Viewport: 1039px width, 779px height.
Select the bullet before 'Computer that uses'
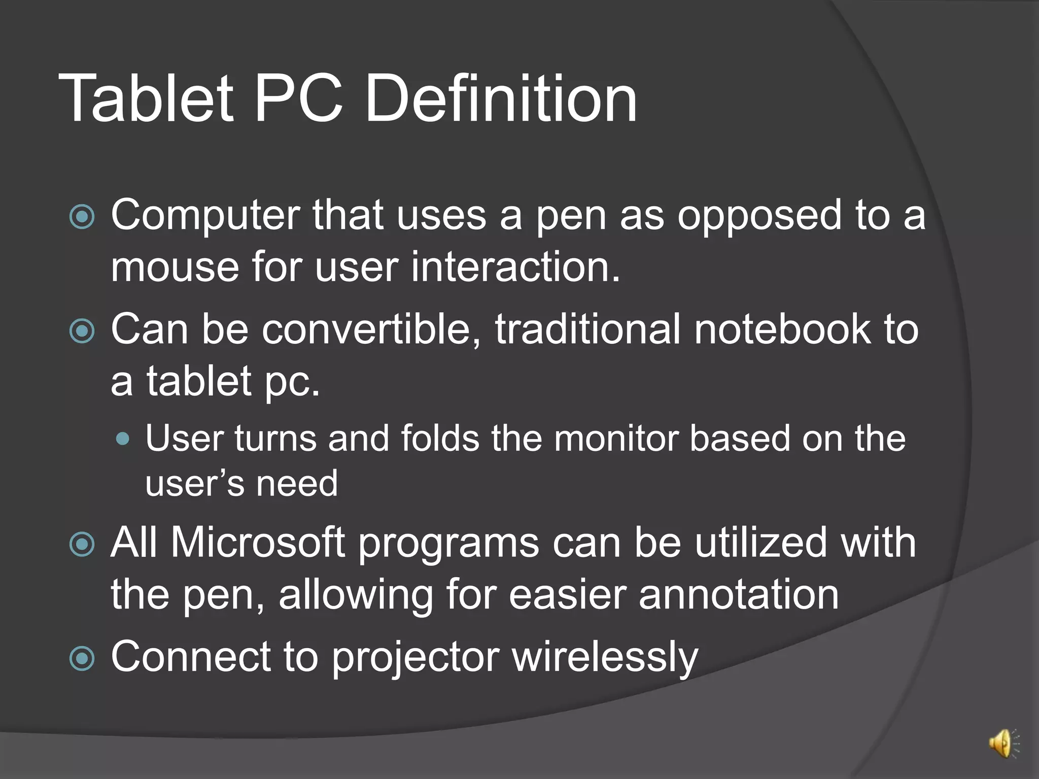(x=82, y=217)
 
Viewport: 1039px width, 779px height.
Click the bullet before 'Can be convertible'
(x=82, y=331)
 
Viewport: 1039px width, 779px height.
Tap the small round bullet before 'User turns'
(x=122, y=438)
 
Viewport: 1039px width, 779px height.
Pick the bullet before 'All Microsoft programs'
(x=82, y=545)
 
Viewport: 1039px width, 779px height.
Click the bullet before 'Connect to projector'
(x=82, y=658)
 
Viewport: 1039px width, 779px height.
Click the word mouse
(x=175, y=267)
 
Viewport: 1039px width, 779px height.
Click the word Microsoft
(x=258, y=543)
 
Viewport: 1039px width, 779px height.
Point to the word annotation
(x=738, y=595)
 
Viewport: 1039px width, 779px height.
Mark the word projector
(x=415, y=658)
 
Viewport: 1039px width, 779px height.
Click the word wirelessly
(x=605, y=658)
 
